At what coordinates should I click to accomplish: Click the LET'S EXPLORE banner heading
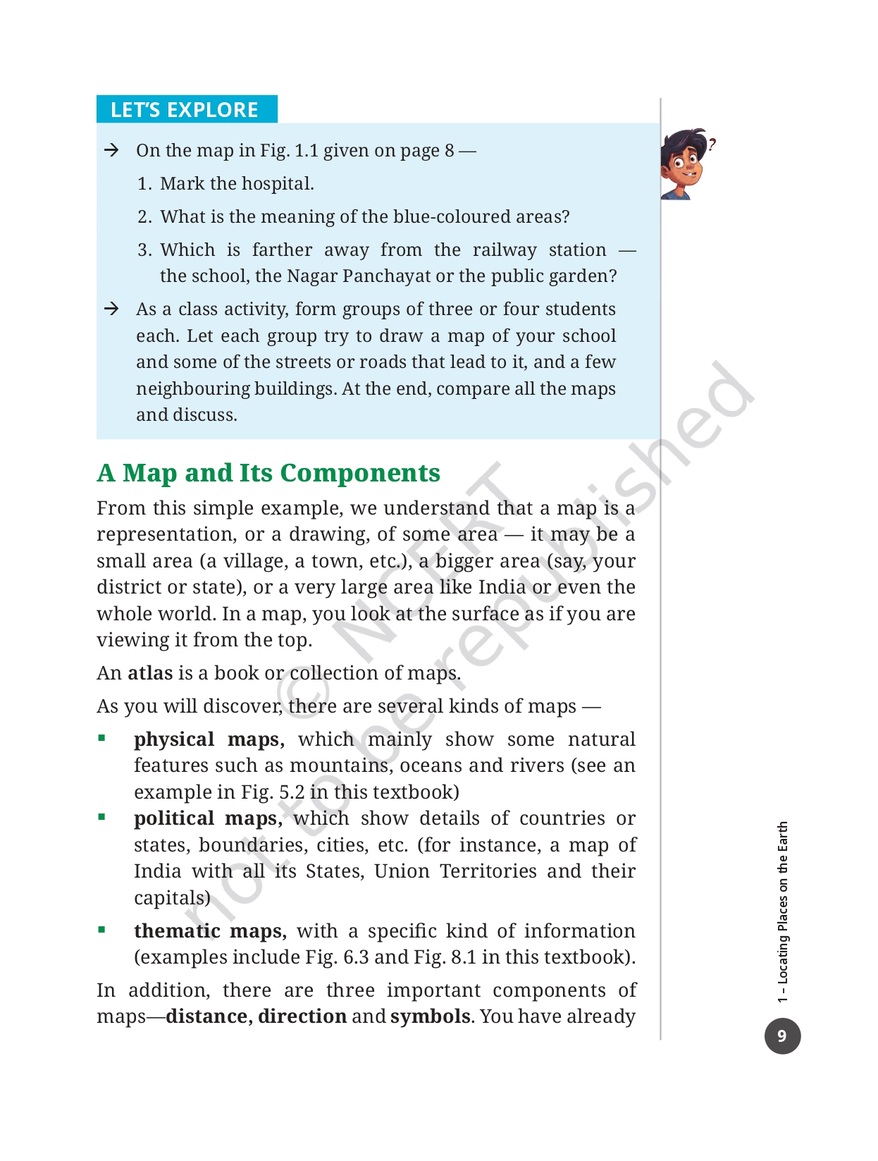click(185, 110)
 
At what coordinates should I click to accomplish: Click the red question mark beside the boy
click(712, 145)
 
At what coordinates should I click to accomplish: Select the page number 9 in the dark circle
click(782, 1036)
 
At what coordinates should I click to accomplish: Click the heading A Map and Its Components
click(268, 473)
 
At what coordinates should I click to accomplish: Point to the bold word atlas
click(150, 673)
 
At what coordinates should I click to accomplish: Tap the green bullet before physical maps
click(102, 738)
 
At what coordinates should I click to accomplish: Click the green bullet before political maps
click(102, 817)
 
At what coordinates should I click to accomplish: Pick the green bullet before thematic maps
click(102, 930)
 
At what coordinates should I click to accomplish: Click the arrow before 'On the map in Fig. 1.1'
click(111, 150)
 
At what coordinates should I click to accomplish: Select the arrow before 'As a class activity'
click(111, 309)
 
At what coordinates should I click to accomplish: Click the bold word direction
click(302, 1016)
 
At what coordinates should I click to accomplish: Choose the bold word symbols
click(430, 1016)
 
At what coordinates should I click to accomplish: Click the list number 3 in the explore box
click(144, 250)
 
